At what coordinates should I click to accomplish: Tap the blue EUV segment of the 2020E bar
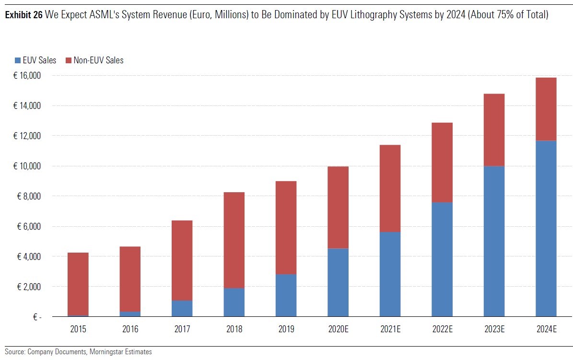coord(338,282)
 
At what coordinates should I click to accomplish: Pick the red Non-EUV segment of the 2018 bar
coord(234,240)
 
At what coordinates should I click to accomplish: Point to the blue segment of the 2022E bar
coord(442,259)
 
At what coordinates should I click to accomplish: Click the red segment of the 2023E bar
coord(494,130)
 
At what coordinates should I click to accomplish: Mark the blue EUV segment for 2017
coord(182,308)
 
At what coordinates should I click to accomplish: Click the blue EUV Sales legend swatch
coord(18,60)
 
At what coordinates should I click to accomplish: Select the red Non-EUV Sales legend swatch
coord(69,60)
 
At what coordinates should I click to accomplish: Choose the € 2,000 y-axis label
coord(27,287)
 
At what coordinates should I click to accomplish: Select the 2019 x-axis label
coord(286,330)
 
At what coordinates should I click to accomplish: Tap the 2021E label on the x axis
coord(390,330)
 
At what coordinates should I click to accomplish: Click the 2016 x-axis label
coord(130,330)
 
